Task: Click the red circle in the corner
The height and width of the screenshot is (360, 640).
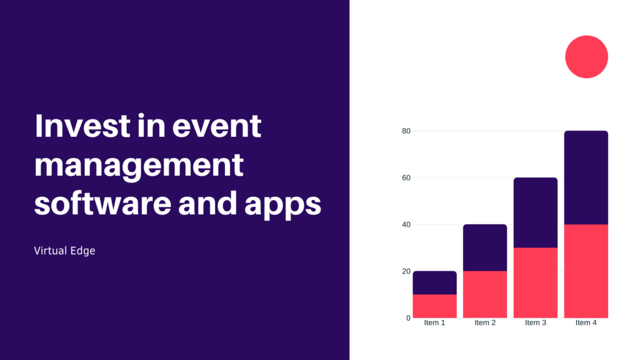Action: (x=586, y=57)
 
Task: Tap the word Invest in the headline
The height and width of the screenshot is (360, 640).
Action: (x=82, y=126)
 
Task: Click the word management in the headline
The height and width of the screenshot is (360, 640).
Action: (x=139, y=166)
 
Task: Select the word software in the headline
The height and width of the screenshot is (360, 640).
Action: (x=103, y=203)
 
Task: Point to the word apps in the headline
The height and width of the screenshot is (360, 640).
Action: (x=282, y=205)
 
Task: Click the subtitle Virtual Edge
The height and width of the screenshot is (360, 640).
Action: (x=64, y=251)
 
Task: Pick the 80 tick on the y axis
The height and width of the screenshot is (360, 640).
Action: (x=406, y=131)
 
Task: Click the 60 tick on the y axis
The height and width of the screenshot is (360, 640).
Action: (x=406, y=177)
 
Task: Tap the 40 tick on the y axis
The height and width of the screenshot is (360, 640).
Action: (x=406, y=224)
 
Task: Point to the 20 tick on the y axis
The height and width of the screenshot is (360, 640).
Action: (x=406, y=271)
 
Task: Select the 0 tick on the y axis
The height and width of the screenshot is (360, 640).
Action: (x=408, y=318)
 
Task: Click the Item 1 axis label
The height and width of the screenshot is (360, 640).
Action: (x=434, y=322)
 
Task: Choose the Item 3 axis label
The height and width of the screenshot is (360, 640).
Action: (x=535, y=322)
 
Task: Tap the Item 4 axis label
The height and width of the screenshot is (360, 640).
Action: (x=586, y=322)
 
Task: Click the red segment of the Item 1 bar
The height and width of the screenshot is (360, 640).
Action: (x=435, y=306)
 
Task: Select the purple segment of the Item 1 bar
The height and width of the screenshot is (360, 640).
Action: (x=435, y=282)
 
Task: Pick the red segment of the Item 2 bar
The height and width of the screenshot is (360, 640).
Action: (x=485, y=294)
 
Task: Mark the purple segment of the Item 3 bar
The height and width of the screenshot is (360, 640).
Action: (x=536, y=212)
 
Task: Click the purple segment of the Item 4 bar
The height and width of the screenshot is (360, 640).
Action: (x=586, y=177)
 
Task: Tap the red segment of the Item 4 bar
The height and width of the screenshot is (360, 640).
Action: (x=586, y=271)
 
